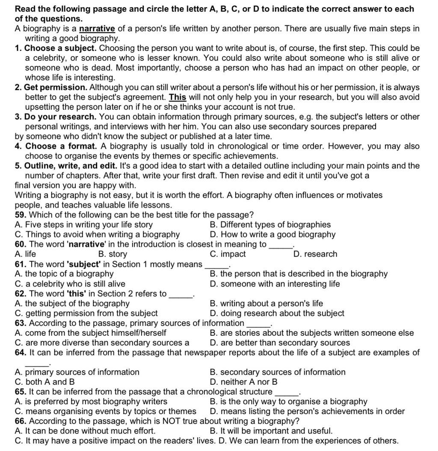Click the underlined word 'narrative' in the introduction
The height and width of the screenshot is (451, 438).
[x=97, y=29]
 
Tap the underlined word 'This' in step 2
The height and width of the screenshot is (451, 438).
[x=178, y=97]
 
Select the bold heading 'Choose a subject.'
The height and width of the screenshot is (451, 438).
[x=60, y=48]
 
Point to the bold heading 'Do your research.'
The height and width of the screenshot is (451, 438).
[x=60, y=117]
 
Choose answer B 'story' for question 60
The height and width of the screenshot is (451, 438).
[x=112, y=254]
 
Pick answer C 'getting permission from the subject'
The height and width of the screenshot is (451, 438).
[x=86, y=313]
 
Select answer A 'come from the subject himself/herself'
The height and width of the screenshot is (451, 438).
[x=90, y=333]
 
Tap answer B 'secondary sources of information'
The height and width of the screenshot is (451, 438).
[x=278, y=372]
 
